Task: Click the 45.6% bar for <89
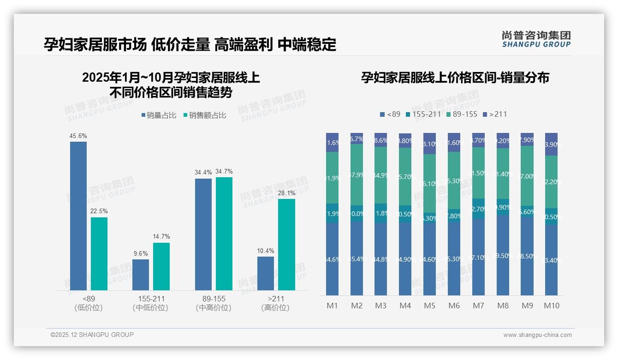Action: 78,216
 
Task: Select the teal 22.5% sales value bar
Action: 99,254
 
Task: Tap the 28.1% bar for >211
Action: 286,245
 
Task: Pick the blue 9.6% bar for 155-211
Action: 141,275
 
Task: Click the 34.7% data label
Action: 224,172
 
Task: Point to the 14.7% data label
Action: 161,237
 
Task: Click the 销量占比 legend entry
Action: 159,115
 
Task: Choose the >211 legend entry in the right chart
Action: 494,114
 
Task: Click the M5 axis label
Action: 429,306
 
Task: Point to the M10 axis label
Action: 551,306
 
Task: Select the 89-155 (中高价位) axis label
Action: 214,303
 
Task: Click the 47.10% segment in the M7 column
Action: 478,257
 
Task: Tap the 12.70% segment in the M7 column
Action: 478,209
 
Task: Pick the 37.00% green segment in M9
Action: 527,176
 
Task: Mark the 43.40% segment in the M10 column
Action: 552,260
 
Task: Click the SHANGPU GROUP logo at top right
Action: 536,39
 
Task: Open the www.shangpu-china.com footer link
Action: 537,335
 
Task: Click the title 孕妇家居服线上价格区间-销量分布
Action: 455,78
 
